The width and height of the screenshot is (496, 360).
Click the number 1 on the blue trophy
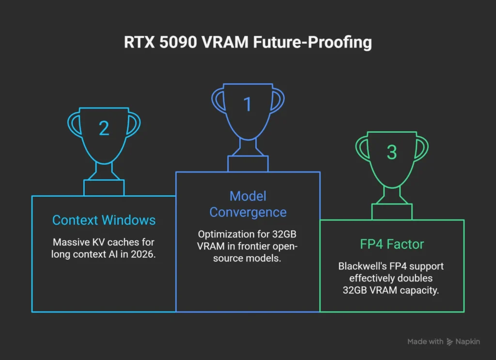(248, 104)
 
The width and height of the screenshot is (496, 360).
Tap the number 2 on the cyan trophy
(104, 128)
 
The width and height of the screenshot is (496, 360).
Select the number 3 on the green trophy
(392, 152)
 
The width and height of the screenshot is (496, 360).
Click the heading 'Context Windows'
(104, 220)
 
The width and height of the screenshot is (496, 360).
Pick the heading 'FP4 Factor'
(392, 244)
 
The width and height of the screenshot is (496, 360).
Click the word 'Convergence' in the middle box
(248, 212)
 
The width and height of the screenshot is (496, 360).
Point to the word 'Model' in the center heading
(248, 196)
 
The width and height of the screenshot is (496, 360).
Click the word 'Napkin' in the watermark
(467, 342)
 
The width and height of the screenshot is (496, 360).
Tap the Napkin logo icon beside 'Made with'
(450, 342)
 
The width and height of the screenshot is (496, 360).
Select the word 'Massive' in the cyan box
(68, 242)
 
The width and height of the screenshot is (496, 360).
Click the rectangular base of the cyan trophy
(104, 188)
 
